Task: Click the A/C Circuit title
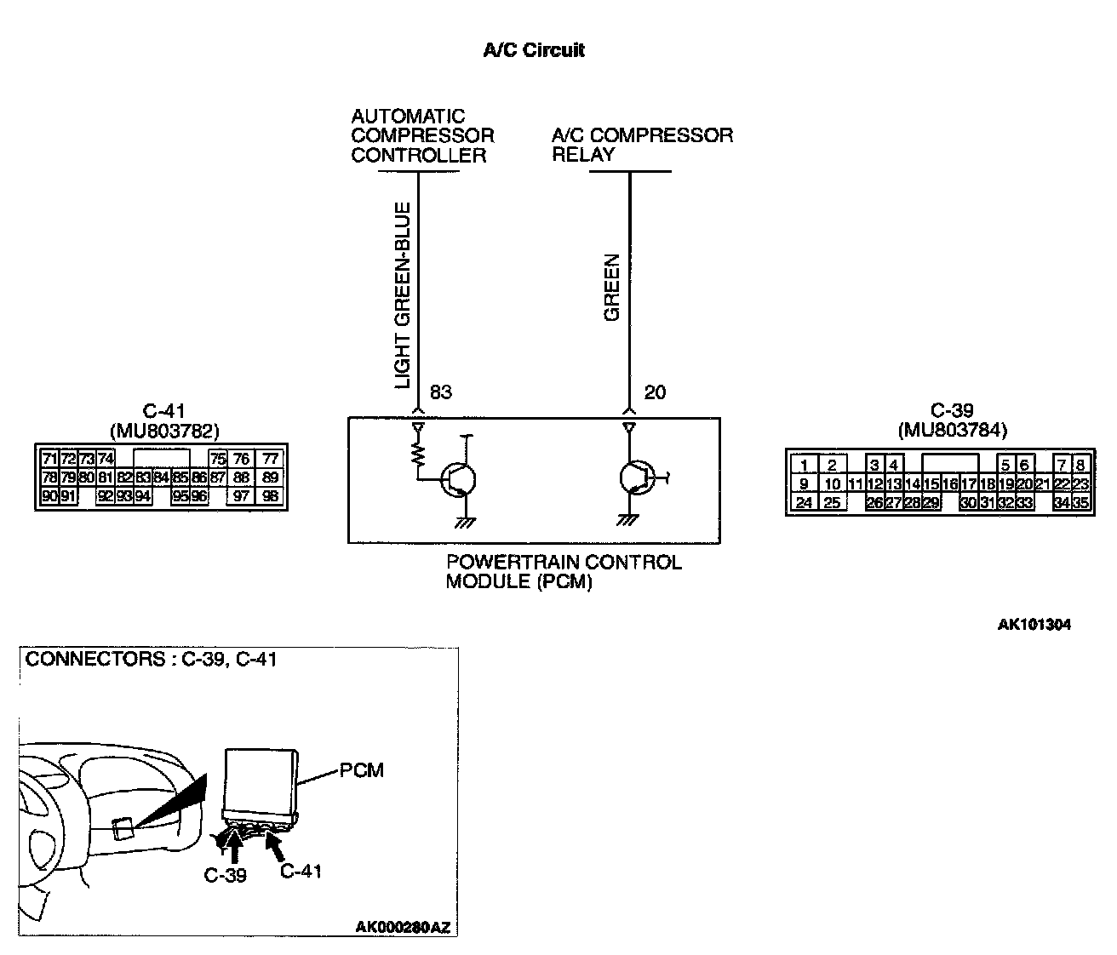[534, 50]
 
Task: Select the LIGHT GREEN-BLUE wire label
[402, 295]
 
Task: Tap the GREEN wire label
[612, 288]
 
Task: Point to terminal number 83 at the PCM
[440, 392]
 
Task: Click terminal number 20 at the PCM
[655, 392]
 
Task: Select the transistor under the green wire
[635, 478]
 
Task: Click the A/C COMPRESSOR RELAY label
[641, 145]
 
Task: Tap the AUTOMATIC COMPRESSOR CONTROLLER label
[422, 135]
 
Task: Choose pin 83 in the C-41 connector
[143, 478]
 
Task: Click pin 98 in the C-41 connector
[270, 496]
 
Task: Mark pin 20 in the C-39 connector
[1024, 484]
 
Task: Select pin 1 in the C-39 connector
[804, 466]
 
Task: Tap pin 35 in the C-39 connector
[1080, 503]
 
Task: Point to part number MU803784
[952, 430]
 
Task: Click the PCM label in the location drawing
[362, 770]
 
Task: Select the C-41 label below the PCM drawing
[301, 871]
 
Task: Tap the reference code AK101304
[1034, 625]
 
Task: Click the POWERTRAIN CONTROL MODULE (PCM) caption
[564, 572]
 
